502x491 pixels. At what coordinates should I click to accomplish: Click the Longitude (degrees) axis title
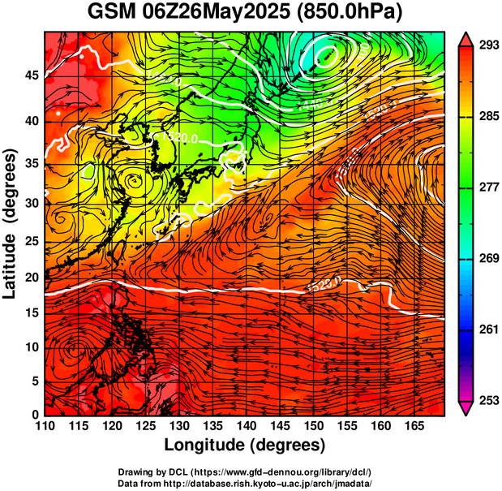[245, 445]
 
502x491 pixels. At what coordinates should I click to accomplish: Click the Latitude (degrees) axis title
[11, 223]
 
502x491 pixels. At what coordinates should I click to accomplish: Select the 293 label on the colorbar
[487, 45]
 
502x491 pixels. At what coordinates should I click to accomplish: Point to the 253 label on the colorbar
[487, 400]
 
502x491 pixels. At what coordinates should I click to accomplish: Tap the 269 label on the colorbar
[487, 258]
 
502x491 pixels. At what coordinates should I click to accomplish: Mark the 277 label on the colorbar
[487, 187]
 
